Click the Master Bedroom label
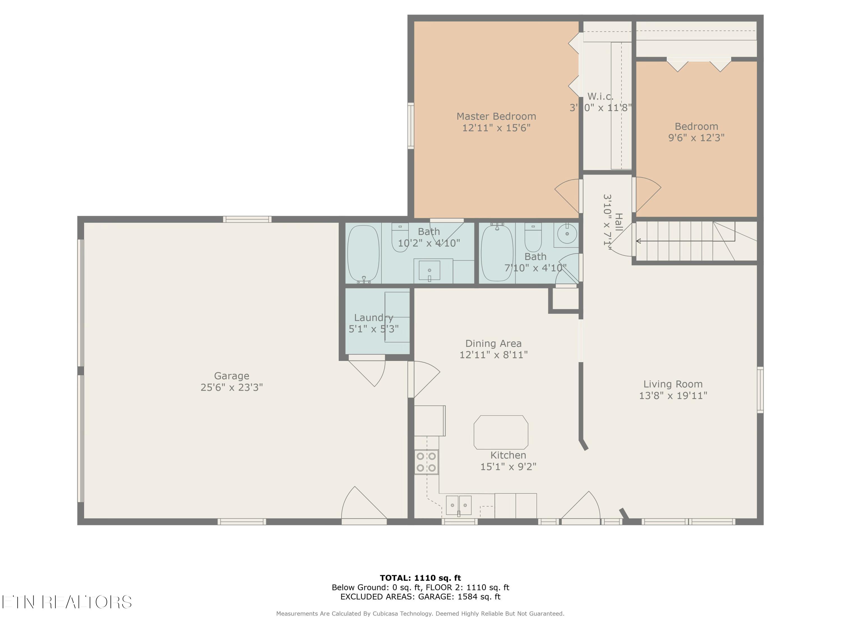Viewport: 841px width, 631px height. pyautogui.click(x=496, y=116)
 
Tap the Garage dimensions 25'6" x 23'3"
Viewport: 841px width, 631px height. pyautogui.click(x=232, y=387)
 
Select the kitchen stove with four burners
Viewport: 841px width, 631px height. pyautogui.click(x=426, y=462)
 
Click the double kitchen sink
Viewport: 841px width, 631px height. pyautogui.click(x=459, y=505)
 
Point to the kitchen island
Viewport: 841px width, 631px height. pyautogui.click(x=501, y=432)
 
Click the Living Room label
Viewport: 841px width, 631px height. pyautogui.click(x=673, y=384)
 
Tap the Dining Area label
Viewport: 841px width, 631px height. pyautogui.click(x=493, y=344)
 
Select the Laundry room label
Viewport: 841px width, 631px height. pyautogui.click(x=374, y=317)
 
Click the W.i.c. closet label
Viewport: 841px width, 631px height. pyautogui.click(x=600, y=96)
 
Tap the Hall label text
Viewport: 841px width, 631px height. pyautogui.click(x=619, y=222)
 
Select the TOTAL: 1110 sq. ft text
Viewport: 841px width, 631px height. pyautogui.click(x=420, y=578)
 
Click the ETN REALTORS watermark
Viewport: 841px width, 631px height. pyautogui.click(x=67, y=602)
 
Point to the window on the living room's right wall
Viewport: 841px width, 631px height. pyautogui.click(x=760, y=390)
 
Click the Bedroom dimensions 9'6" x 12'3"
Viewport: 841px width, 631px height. pyautogui.click(x=697, y=138)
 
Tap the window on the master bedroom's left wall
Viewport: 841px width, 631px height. pyautogui.click(x=411, y=126)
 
